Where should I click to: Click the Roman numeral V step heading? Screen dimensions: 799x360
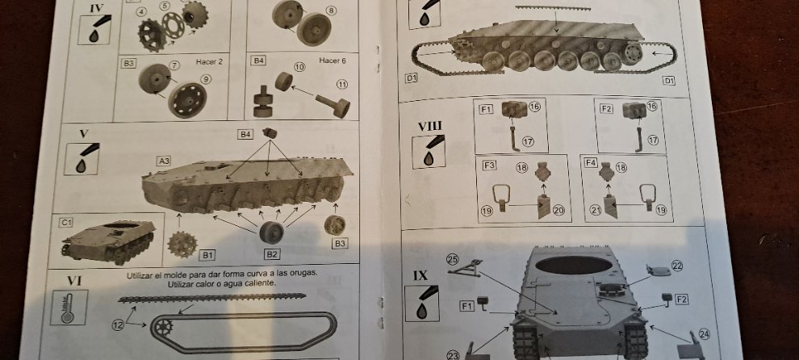pos(84,134)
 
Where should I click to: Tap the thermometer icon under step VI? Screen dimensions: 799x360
pos(69,308)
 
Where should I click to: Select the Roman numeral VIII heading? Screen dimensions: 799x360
pos(429,127)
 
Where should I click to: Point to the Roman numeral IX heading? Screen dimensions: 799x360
pos(421,276)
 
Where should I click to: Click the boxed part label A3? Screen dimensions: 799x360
pos(164,161)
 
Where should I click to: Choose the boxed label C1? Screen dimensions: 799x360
pos(65,223)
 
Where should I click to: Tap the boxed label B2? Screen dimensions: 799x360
pos(272,253)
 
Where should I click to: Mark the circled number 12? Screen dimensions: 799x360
pos(118,324)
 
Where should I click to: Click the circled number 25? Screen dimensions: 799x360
pos(453,259)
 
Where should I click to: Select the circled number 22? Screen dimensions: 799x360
pos(676,266)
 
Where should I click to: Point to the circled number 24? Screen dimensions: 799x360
pos(704,334)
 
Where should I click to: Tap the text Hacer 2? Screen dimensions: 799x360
pos(209,62)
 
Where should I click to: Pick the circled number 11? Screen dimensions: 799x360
pos(342,85)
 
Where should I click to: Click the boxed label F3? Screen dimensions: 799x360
pos(489,165)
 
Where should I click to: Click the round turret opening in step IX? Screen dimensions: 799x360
pos(574,265)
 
